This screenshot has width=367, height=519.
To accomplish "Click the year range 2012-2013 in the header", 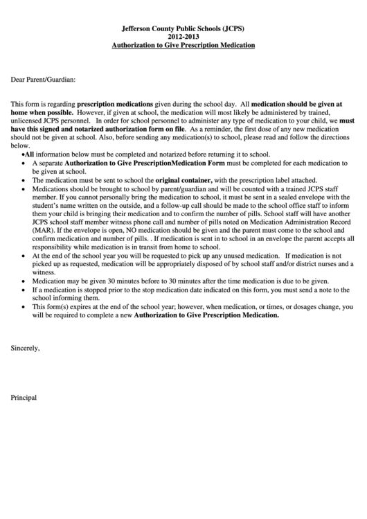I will pos(183,37).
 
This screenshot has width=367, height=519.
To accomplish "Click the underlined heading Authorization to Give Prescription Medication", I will pos(183,44).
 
